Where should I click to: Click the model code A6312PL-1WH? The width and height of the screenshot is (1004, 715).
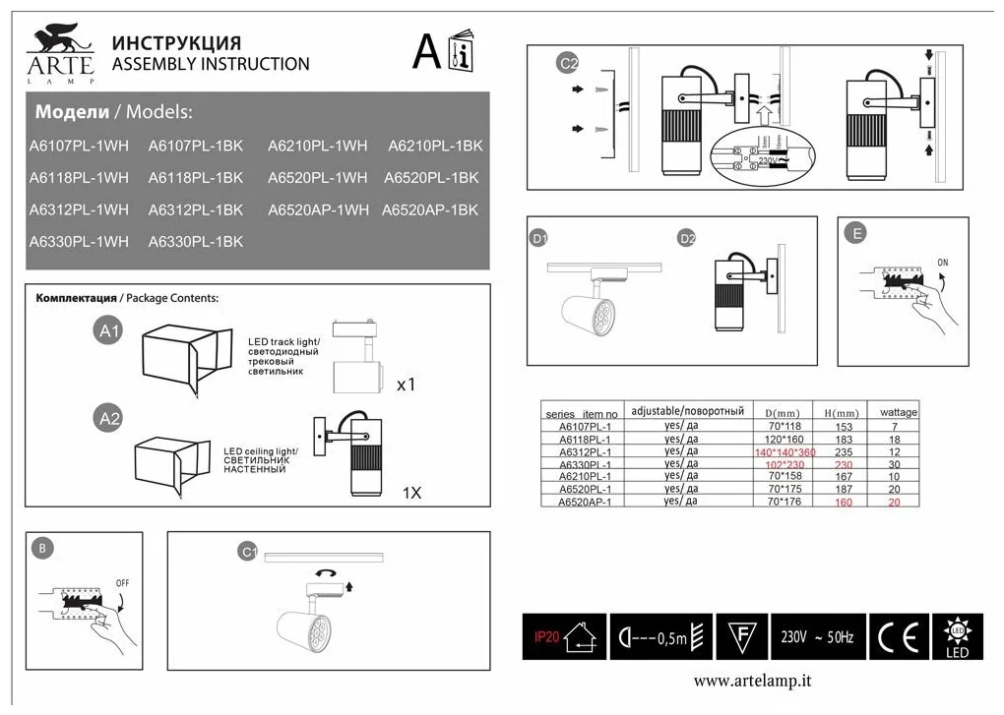[79, 209]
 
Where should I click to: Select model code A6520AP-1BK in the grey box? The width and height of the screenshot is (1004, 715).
[430, 209]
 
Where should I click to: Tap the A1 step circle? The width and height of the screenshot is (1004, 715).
[109, 331]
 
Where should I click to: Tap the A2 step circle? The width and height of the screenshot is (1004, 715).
[109, 419]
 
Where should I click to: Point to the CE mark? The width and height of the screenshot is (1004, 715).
[897, 638]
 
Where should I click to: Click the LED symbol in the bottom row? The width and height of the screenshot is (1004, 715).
[956, 638]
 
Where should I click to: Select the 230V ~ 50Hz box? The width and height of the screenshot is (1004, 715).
[817, 638]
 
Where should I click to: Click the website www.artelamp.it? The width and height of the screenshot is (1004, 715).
[753, 681]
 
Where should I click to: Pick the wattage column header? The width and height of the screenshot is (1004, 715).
[898, 412]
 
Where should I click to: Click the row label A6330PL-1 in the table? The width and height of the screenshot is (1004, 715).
[585, 464]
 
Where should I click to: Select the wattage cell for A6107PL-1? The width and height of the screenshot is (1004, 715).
[894, 427]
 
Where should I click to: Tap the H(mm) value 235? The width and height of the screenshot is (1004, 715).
[843, 451]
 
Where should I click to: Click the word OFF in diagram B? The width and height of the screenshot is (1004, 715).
[123, 582]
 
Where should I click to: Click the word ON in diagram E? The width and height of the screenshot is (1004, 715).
[943, 263]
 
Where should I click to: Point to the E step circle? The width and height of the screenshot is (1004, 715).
[857, 233]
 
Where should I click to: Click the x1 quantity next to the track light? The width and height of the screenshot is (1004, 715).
[406, 385]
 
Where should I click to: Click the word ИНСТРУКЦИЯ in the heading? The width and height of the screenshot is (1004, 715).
[177, 43]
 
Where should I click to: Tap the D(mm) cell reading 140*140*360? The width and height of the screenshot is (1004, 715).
[784, 451]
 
